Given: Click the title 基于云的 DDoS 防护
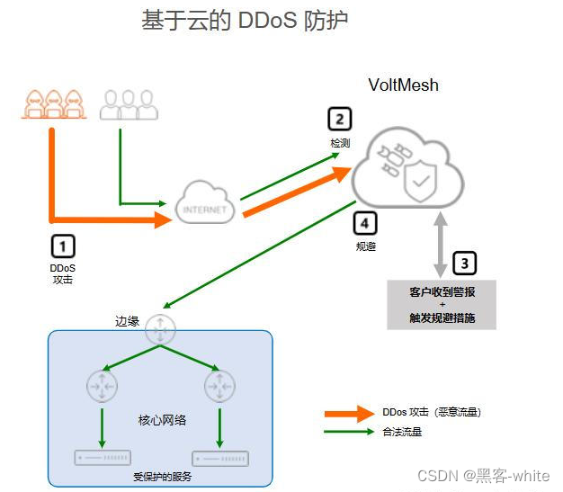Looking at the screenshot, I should (x=245, y=21).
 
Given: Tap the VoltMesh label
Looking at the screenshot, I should (x=404, y=85).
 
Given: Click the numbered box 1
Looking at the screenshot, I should (x=62, y=245).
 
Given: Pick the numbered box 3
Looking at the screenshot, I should (x=464, y=263).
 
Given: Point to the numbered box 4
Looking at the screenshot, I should (x=364, y=222).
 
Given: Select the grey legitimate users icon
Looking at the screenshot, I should (x=129, y=105).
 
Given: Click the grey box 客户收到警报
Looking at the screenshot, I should (x=442, y=305).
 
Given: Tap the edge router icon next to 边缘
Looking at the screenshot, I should (x=161, y=329).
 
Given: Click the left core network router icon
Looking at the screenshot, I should (x=103, y=387).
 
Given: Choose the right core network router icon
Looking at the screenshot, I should (x=219, y=387).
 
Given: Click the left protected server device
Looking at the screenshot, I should (x=103, y=458).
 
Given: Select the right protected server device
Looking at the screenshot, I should (x=220, y=458).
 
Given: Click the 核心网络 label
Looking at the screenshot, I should (x=162, y=420).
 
